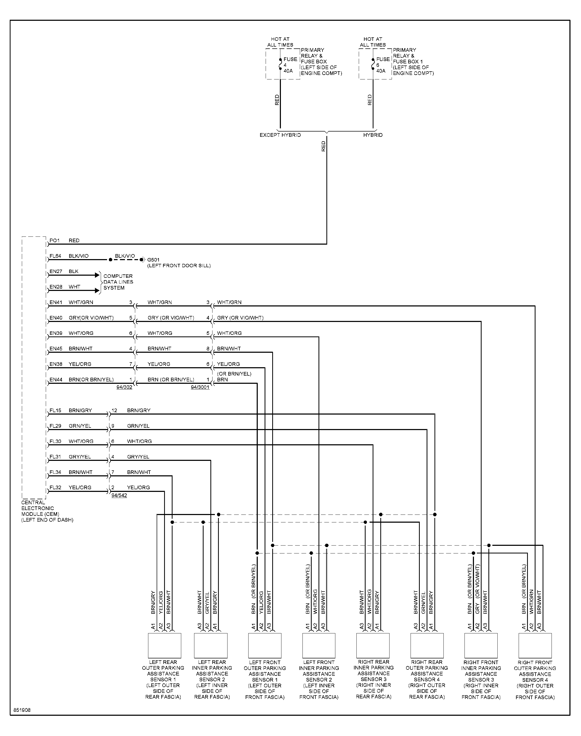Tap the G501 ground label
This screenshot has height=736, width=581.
(153, 260)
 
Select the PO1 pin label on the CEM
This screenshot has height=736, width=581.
(54, 240)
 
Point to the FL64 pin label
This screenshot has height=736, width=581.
(55, 256)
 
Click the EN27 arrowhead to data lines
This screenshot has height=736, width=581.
(97, 275)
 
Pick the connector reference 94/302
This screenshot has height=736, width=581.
(124, 387)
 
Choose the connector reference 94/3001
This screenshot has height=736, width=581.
(200, 387)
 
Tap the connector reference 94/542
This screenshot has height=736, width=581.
(119, 495)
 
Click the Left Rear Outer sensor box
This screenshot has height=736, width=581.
(164, 646)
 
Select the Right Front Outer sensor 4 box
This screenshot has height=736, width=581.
(535, 646)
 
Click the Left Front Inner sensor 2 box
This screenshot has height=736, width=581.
(319, 646)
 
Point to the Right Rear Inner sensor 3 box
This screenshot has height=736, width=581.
(373, 646)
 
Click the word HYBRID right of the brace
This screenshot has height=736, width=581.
(373, 135)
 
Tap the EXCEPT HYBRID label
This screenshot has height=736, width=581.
(280, 135)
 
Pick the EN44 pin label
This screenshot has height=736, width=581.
(56, 380)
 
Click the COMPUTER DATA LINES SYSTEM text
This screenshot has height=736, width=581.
(118, 282)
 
